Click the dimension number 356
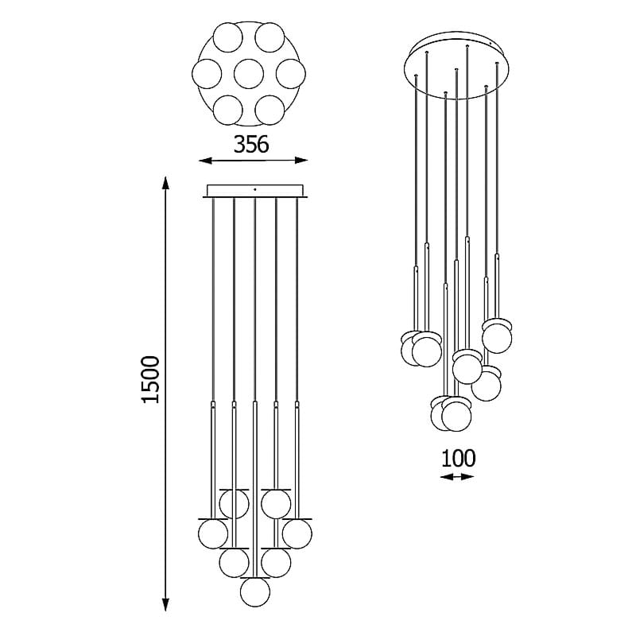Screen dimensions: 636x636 click(x=251, y=144)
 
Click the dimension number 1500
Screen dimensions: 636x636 click(x=150, y=379)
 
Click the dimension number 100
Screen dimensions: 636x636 click(x=458, y=459)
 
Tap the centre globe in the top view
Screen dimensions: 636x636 click(x=249, y=74)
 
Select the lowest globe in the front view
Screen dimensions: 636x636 click(x=254, y=591)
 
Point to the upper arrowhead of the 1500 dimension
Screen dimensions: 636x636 click(x=165, y=183)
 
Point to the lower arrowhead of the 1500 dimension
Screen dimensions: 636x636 click(x=165, y=605)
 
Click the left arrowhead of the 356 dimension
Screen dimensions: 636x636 click(x=205, y=161)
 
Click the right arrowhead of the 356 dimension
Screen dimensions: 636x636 click(x=301, y=161)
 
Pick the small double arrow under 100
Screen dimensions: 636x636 click(x=457, y=476)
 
